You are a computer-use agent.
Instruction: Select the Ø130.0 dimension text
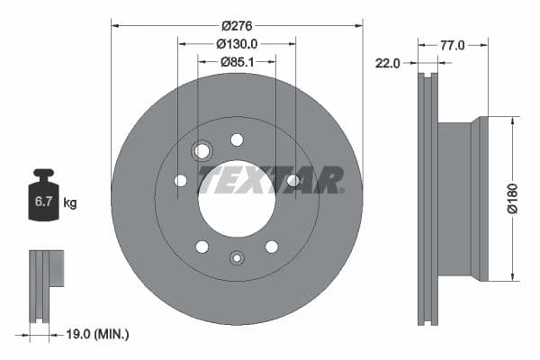pyautogui.click(x=237, y=43)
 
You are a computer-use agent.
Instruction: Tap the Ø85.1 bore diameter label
pyautogui.click(x=237, y=61)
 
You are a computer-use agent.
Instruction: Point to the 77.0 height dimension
pyautogui.click(x=453, y=43)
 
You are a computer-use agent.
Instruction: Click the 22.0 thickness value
pyautogui.click(x=388, y=62)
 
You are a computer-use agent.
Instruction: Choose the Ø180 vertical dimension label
pyautogui.click(x=513, y=197)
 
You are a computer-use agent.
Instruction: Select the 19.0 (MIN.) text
pyautogui.click(x=97, y=334)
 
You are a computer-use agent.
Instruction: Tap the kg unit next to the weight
pyautogui.click(x=70, y=203)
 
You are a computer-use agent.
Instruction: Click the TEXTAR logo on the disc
pyautogui.click(x=270, y=179)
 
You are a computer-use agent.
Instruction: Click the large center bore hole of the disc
pyautogui.click(x=236, y=202)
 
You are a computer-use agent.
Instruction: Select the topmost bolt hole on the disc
pyautogui.click(x=237, y=139)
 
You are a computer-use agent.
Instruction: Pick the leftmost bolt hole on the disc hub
pyautogui.click(x=180, y=181)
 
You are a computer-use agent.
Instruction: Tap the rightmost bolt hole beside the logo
pyautogui.click(x=292, y=181)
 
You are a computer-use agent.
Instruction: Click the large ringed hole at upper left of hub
pyautogui.click(x=202, y=150)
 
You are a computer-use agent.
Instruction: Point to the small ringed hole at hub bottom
pyautogui.click(x=237, y=257)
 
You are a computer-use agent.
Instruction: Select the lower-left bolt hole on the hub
pyautogui.click(x=202, y=247)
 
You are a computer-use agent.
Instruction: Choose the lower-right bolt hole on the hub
pyautogui.click(x=271, y=247)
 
